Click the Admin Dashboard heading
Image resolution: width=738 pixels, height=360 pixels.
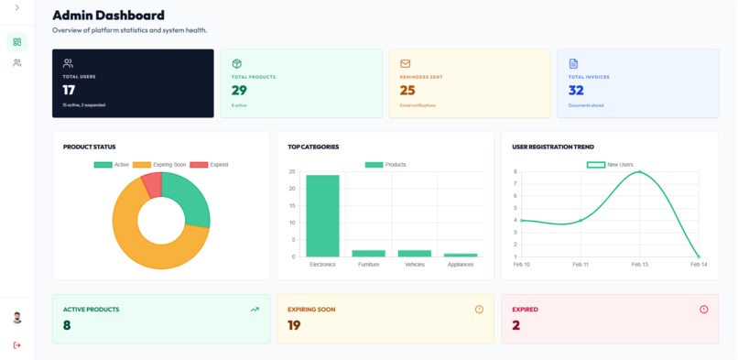click(x=108, y=16)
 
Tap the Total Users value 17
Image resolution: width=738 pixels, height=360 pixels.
click(x=69, y=91)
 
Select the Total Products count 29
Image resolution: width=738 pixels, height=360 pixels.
click(x=239, y=91)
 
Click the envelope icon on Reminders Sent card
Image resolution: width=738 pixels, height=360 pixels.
click(x=406, y=64)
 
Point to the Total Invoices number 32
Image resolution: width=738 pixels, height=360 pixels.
click(x=576, y=91)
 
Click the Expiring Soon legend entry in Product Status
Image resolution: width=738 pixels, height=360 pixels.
click(x=159, y=165)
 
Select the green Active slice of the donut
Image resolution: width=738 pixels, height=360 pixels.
click(x=187, y=197)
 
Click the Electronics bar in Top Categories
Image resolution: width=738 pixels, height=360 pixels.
click(x=322, y=216)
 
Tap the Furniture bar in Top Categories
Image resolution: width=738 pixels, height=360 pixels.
click(x=368, y=254)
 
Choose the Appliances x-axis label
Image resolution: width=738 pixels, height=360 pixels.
click(x=461, y=265)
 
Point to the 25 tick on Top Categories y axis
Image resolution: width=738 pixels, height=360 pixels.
click(x=292, y=172)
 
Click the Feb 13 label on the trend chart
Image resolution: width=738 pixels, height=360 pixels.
click(x=639, y=265)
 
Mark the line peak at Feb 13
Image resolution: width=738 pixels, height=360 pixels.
click(x=639, y=172)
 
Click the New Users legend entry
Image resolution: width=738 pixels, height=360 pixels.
click(x=610, y=165)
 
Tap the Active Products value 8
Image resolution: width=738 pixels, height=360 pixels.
click(x=67, y=325)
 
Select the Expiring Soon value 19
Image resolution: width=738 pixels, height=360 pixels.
click(x=294, y=325)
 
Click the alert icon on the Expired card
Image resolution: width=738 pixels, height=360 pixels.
click(x=703, y=310)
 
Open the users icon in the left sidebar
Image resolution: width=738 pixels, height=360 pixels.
click(x=16, y=63)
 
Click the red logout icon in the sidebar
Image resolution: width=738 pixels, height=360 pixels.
click(x=16, y=345)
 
